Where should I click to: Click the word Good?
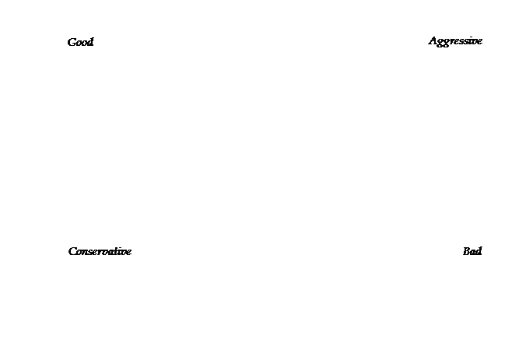[x=80, y=42]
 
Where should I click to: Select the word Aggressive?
[x=455, y=41]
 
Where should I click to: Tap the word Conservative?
[x=100, y=251]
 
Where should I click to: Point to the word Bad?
[x=472, y=251]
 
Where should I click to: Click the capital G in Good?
[x=72, y=43]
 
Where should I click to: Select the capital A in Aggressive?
[x=433, y=40]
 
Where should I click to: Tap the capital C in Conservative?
[x=73, y=252]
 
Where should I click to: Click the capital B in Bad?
[x=466, y=251]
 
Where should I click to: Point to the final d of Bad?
[x=478, y=251]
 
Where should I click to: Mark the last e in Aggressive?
[x=479, y=41]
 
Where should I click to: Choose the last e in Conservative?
[x=128, y=252]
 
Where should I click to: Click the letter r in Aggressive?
[x=451, y=41]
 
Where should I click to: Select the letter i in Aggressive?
[x=470, y=40]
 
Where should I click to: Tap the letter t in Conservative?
[x=116, y=252]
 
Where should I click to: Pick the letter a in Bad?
[x=472, y=252]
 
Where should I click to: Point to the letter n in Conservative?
[x=85, y=252]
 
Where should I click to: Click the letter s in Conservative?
[x=90, y=252]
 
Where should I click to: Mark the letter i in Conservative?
[x=119, y=251]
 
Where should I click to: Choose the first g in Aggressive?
[x=440, y=43]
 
